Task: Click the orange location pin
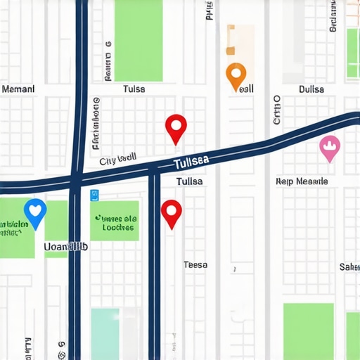point(236,74)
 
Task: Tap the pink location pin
point(329,146)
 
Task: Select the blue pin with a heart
point(34,210)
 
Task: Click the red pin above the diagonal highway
point(176,127)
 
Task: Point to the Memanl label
point(18,89)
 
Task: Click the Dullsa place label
point(311,89)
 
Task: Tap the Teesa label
point(195,265)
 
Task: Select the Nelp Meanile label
point(302,181)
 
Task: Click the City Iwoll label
point(117,160)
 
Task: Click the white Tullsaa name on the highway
point(191,163)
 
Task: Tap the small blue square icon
point(96,195)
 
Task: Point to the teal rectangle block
point(105,333)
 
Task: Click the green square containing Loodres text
point(115,221)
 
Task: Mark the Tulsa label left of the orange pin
point(134,89)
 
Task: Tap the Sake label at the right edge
point(349,267)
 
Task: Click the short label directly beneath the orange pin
point(246,90)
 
